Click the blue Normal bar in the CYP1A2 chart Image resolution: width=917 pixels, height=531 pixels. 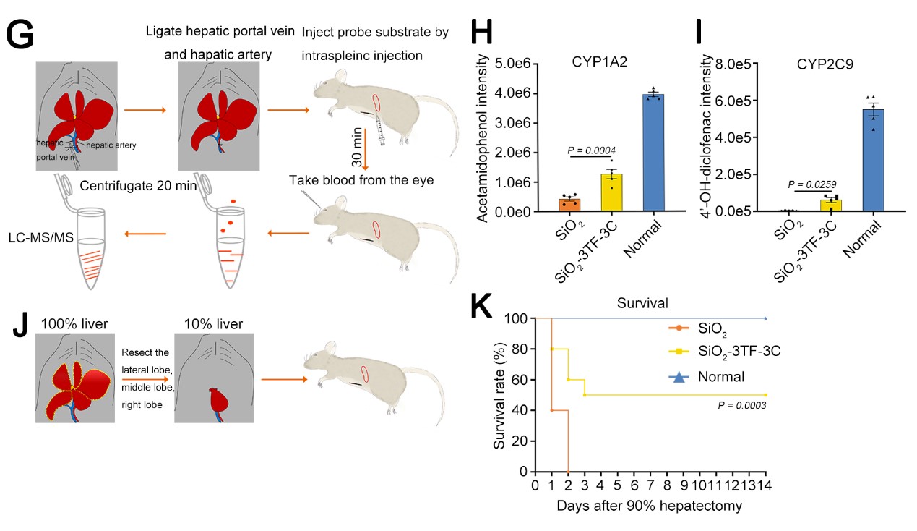(654, 153)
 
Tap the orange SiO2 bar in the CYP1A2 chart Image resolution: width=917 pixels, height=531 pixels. (569, 205)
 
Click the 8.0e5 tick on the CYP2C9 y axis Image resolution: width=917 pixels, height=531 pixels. (736, 64)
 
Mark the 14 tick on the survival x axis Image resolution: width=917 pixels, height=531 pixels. (765, 485)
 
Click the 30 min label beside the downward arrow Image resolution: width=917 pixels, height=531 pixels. (356, 137)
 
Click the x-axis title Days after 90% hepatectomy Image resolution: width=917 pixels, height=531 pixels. (649, 506)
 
